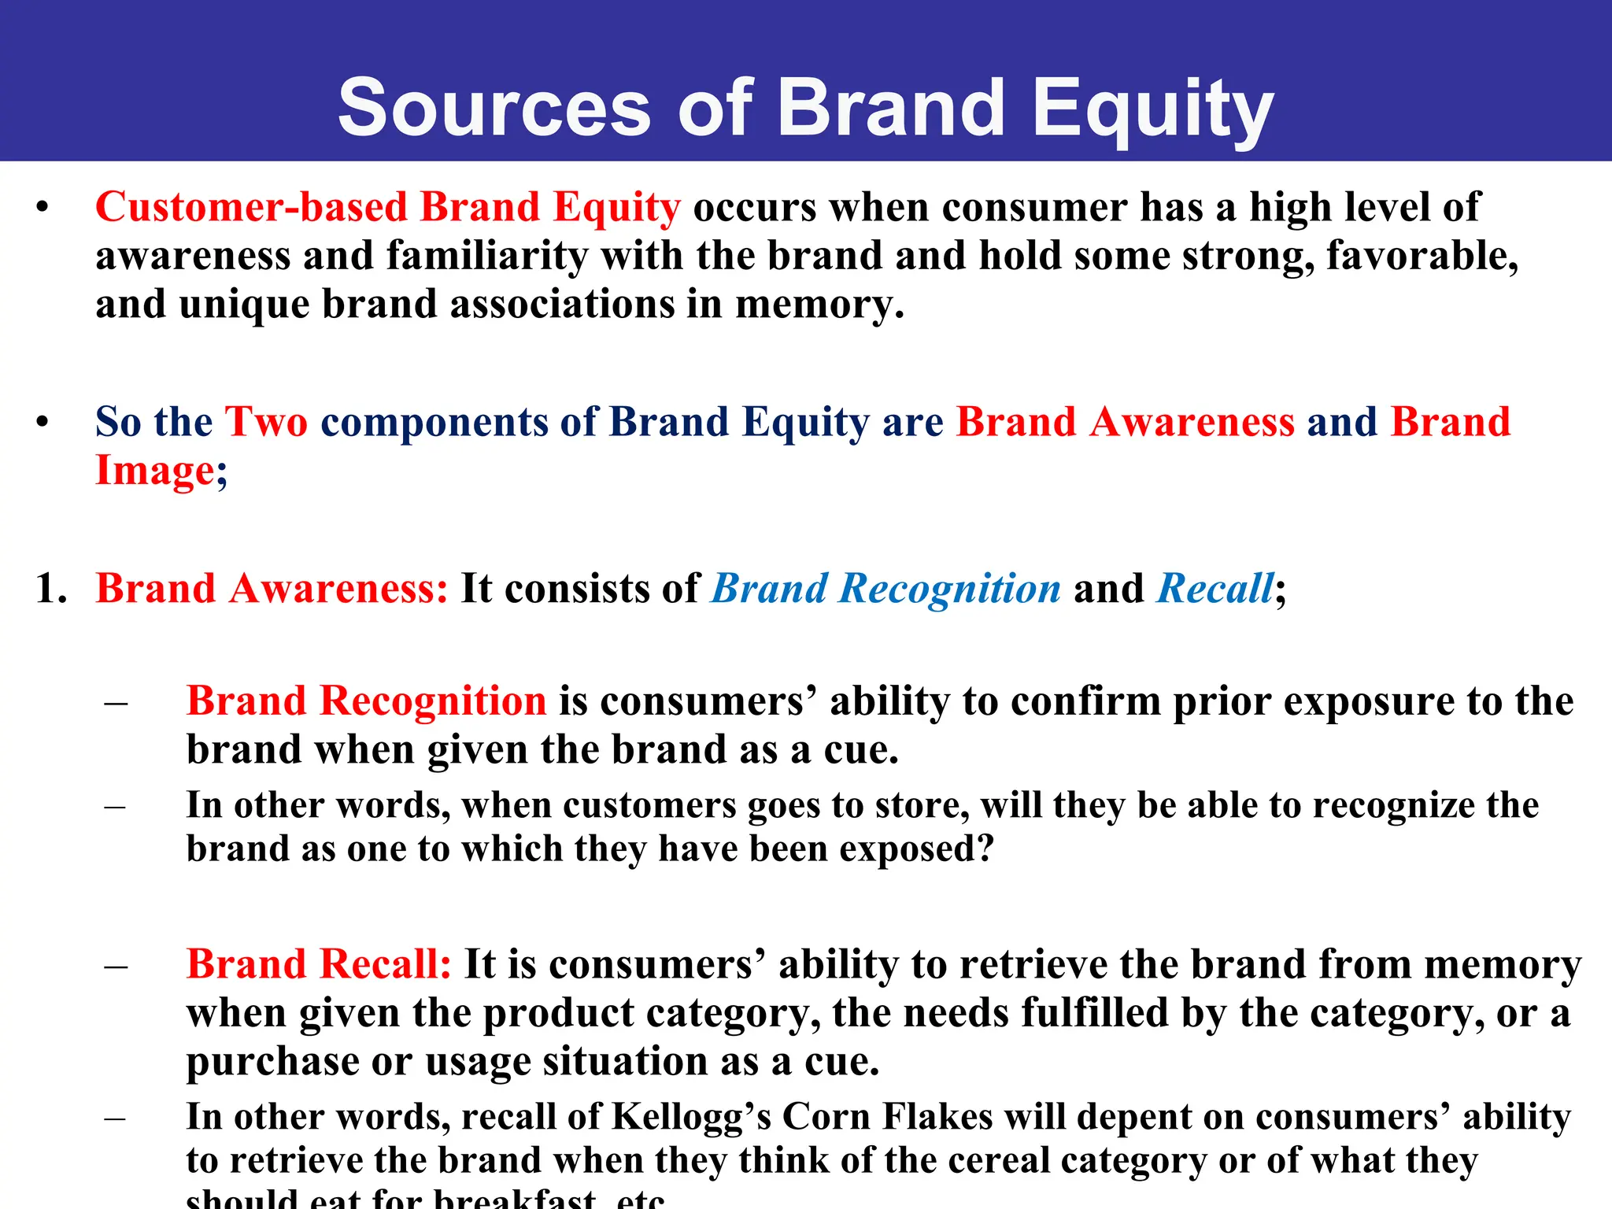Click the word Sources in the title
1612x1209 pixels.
(494, 109)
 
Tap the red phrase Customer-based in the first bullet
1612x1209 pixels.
(251, 208)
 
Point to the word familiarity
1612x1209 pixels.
(487, 257)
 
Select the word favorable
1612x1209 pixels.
(1422, 257)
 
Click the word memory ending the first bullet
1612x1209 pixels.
(819, 305)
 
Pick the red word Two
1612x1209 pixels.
(266, 422)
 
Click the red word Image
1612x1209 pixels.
(154, 471)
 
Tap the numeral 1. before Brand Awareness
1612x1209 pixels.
(51, 589)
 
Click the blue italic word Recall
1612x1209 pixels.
(1215, 589)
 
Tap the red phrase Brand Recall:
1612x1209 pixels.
(319, 965)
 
